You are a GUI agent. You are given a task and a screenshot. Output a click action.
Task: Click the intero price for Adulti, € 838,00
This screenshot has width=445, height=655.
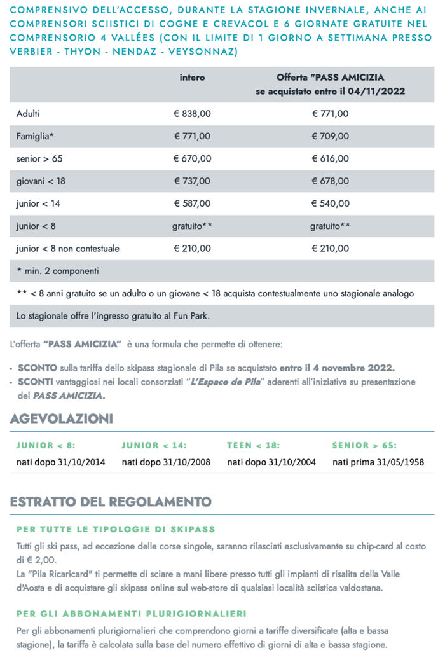tap(192, 114)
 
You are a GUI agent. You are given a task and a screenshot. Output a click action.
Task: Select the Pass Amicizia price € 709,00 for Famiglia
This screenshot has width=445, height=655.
tap(330, 136)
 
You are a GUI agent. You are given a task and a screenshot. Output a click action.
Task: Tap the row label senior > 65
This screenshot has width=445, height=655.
tap(40, 158)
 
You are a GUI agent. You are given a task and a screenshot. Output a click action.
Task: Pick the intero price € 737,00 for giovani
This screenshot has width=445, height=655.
tap(192, 181)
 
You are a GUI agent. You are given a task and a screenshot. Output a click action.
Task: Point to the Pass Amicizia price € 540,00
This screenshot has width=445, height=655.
tap(330, 203)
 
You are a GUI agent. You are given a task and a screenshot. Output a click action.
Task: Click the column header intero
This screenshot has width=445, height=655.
tap(192, 78)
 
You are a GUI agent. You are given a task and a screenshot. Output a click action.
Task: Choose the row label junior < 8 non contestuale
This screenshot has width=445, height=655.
tap(68, 248)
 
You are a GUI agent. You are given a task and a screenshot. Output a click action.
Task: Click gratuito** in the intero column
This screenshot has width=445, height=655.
tap(192, 226)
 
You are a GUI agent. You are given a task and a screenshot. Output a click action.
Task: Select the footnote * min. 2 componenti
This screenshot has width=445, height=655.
tap(58, 271)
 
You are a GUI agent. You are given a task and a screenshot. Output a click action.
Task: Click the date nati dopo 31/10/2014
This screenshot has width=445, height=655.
tap(61, 462)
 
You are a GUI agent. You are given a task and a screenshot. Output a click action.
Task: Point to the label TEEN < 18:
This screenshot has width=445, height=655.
tap(253, 446)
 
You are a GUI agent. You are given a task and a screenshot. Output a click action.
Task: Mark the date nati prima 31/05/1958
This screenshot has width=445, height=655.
tap(378, 462)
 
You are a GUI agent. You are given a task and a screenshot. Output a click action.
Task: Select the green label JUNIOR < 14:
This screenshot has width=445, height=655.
tap(154, 446)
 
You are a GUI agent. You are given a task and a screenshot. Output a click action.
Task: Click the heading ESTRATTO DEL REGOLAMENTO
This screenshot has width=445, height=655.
tap(111, 502)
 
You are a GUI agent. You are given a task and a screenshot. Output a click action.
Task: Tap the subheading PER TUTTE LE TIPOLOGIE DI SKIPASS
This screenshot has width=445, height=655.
tap(116, 529)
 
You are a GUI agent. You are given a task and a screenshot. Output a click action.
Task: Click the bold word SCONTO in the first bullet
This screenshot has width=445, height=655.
tap(37, 368)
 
